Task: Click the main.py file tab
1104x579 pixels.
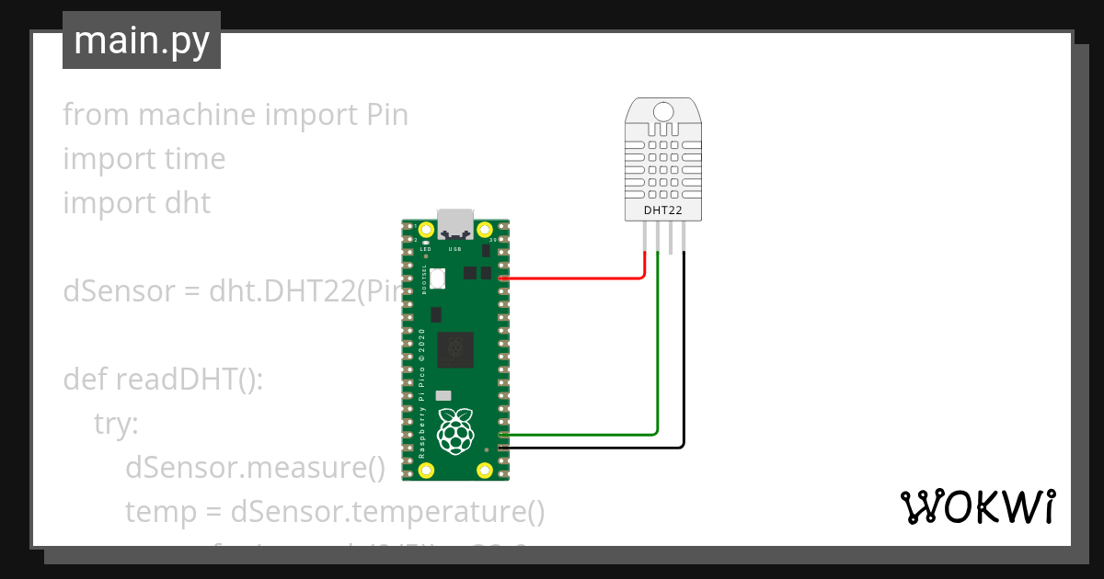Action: pos(141,40)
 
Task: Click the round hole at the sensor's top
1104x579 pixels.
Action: pos(664,112)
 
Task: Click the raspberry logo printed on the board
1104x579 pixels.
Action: pos(455,432)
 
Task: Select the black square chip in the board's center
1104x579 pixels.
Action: pos(454,347)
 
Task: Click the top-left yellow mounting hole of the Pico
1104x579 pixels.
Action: pos(426,230)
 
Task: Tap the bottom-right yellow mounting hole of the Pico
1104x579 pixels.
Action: pos(485,471)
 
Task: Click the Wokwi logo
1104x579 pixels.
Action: pos(977,507)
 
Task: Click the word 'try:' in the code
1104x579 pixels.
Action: pos(116,423)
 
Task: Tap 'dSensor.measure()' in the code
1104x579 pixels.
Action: pos(255,468)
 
